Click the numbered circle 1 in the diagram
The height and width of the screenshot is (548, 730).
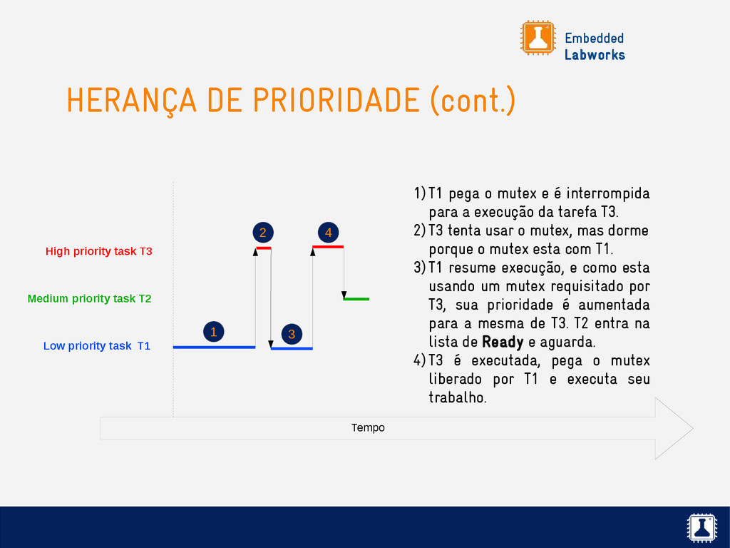pyautogui.click(x=214, y=332)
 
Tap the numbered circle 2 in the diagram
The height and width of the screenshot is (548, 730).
pyautogui.click(x=263, y=233)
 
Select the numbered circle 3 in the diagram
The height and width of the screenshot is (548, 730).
pyautogui.click(x=292, y=334)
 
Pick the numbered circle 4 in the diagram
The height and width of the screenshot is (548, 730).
pyautogui.click(x=328, y=233)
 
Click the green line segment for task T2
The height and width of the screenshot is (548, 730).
pyautogui.click(x=356, y=299)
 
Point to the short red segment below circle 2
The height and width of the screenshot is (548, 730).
pyautogui.click(x=264, y=248)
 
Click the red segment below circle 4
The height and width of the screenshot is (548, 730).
pyautogui.click(x=328, y=246)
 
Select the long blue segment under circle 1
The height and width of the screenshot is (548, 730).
pyautogui.click(x=214, y=347)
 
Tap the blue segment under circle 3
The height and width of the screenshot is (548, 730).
pyautogui.click(x=292, y=348)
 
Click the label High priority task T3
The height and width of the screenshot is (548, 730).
pyautogui.click(x=98, y=251)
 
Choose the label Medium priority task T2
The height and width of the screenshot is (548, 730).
pyautogui.click(x=89, y=298)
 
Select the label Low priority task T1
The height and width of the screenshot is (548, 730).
pyautogui.click(x=97, y=346)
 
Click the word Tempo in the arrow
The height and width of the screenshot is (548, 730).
pyautogui.click(x=368, y=428)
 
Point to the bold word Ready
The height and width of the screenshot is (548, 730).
pyautogui.click(x=503, y=342)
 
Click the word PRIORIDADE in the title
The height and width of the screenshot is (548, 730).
pyautogui.click(x=336, y=100)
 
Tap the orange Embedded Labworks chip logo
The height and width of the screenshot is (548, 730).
pyautogui.click(x=538, y=38)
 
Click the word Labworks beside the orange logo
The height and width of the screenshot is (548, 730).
pyautogui.click(x=595, y=55)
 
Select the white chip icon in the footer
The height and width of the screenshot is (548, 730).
pyautogui.click(x=701, y=528)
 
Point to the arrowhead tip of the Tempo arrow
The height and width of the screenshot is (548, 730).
pyautogui.click(x=693, y=428)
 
